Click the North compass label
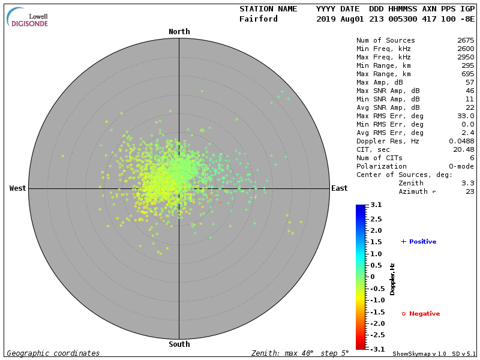pyautogui.click(x=179, y=32)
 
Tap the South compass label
pyautogui.click(x=179, y=344)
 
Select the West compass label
pyautogui.click(x=18, y=188)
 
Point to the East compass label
pyautogui.click(x=339, y=188)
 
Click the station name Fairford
pyautogui.click(x=259, y=19)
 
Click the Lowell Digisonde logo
pyautogui.click(x=28, y=17)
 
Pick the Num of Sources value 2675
pyautogui.click(x=466, y=41)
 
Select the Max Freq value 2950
pyautogui.click(x=466, y=57)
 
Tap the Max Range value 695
pyautogui.click(x=467, y=74)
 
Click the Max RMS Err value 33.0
pyautogui.click(x=466, y=116)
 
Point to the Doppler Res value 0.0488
pyautogui.click(x=461, y=141)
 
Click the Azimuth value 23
pyautogui.click(x=470, y=191)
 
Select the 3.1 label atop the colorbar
pyautogui.click(x=376, y=205)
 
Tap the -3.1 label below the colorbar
pyautogui.click(x=376, y=349)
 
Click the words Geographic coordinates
pyautogui.click(x=53, y=353)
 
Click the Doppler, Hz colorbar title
pyautogui.click(x=392, y=279)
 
